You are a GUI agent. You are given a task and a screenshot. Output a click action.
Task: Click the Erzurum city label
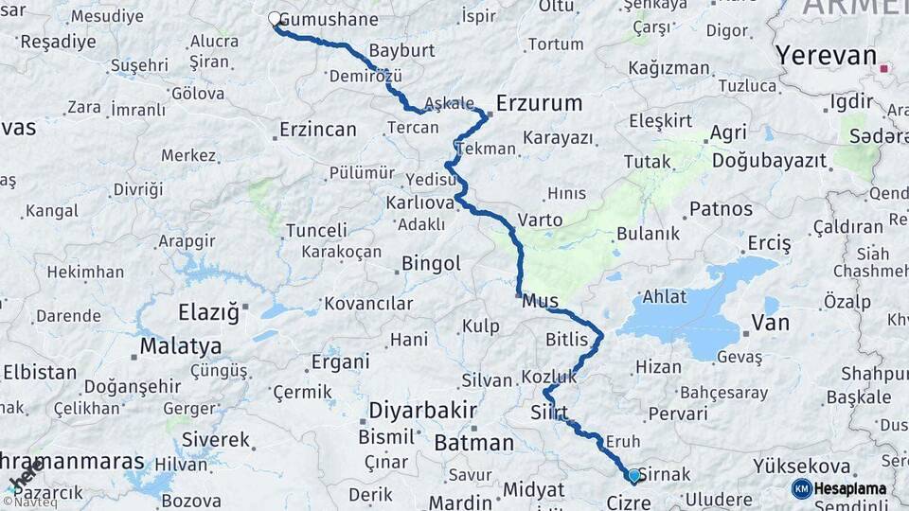coord(539,102)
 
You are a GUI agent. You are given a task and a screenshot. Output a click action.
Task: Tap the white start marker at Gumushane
coord(275,19)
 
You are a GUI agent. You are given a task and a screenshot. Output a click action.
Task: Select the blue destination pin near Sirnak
coord(633,475)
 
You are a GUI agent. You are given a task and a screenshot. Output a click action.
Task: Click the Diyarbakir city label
coord(422,412)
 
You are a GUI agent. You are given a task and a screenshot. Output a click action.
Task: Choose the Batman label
coord(473,442)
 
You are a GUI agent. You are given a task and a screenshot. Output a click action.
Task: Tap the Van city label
coord(770,324)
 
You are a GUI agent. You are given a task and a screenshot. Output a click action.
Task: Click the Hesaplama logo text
coord(851,488)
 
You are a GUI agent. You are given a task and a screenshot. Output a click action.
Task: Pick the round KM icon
coord(801,488)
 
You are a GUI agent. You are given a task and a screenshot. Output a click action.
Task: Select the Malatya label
coord(180,346)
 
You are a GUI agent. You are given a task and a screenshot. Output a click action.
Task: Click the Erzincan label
coord(318,130)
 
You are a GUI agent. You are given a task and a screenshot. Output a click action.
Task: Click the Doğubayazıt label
coord(769,161)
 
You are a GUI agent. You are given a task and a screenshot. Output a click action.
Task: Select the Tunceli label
coord(316,230)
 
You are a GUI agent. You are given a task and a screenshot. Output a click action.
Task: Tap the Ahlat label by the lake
coord(665,296)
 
